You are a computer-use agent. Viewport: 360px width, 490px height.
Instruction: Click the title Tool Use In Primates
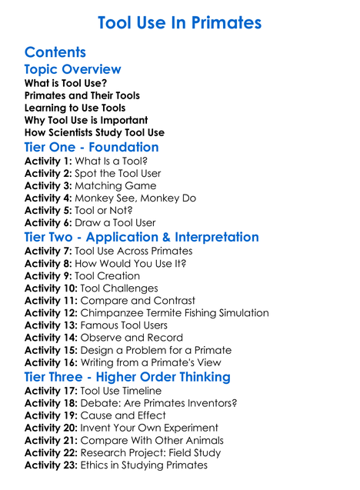(x=179, y=23)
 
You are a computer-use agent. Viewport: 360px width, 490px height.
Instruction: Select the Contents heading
(x=55, y=52)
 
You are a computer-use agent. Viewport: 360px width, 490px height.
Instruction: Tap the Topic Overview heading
(x=72, y=70)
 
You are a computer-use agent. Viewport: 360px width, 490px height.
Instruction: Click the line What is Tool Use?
(x=65, y=83)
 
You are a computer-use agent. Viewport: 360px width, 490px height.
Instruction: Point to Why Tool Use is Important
(x=86, y=120)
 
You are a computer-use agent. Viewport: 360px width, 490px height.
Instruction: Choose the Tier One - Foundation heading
(x=92, y=147)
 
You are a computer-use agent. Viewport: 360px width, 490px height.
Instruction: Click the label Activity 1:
(x=48, y=162)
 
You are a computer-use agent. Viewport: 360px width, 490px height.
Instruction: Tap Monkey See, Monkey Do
(x=135, y=198)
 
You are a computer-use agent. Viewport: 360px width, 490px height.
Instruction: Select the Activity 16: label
(x=51, y=362)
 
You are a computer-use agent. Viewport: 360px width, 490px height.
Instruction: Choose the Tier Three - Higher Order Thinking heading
(x=128, y=377)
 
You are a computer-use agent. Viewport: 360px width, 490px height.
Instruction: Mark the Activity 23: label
(x=51, y=465)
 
